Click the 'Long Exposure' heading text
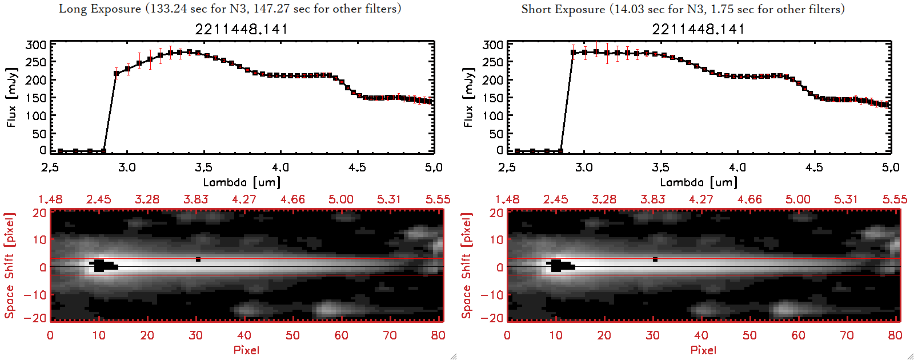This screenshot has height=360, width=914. [100, 9]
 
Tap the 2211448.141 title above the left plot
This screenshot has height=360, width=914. [241, 29]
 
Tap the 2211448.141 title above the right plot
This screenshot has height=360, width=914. [698, 29]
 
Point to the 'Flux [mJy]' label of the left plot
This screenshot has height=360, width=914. [11, 97]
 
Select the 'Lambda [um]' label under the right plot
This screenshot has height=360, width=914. [698, 182]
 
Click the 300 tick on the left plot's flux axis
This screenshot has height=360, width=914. [36, 45]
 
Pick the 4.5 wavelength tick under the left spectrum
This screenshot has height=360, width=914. [357, 167]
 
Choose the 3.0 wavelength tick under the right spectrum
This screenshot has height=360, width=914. [584, 167]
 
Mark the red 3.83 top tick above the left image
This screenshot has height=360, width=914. [195, 199]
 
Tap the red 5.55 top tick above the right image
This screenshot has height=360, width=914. [895, 199]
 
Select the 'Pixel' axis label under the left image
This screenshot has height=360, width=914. [246, 350]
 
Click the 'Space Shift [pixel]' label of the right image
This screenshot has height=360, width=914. [467, 266]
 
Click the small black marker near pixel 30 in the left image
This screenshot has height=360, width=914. [198, 259]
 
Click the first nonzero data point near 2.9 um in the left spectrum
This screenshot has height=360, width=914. [116, 73]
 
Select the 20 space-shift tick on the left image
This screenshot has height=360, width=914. [39, 213]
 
